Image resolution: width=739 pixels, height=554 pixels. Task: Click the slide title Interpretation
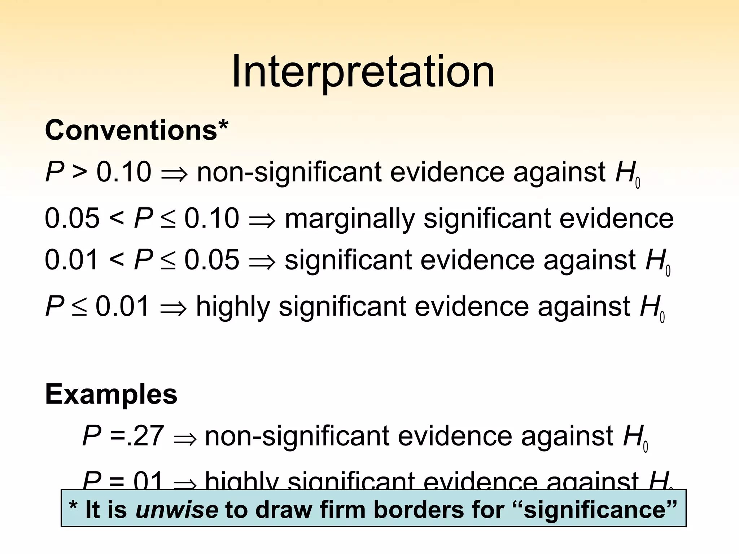tap(363, 72)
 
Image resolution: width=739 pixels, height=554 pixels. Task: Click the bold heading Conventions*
tap(137, 130)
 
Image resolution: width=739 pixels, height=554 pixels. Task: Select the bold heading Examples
tap(111, 394)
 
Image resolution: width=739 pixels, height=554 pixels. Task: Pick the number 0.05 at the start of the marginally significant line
tap(72, 218)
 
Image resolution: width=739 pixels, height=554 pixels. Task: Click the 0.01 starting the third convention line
tap(71, 260)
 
